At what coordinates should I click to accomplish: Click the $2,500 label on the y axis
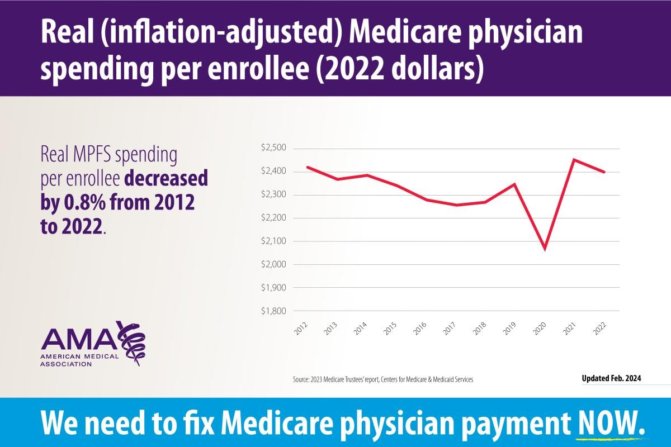[273, 148]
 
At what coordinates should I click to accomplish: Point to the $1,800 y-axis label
[273, 311]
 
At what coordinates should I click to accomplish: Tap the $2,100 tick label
[273, 241]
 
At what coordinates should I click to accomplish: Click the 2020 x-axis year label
[539, 328]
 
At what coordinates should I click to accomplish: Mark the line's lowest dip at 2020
[545, 249]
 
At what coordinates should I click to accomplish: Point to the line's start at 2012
[308, 167]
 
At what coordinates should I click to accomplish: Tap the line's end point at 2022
[604, 172]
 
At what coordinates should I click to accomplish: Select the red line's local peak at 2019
[514, 184]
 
